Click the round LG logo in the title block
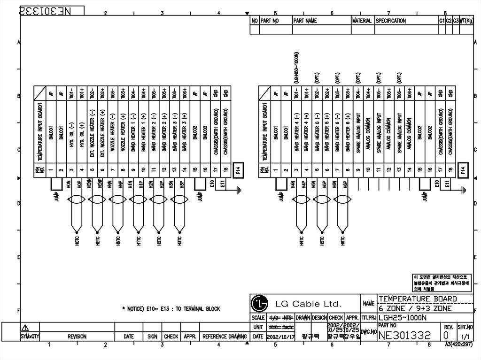(258, 303)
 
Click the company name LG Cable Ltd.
(308, 304)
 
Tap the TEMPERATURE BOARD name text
(418, 299)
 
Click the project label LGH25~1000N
(403, 317)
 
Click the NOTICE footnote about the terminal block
(171, 309)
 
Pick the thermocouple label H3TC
(179, 243)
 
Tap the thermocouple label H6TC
(343, 243)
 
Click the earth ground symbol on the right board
(464, 190)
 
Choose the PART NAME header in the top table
(305, 21)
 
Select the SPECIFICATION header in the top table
(390, 21)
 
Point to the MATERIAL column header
(362, 21)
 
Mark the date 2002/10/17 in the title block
(280, 337)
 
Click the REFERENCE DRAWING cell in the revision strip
(224, 337)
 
